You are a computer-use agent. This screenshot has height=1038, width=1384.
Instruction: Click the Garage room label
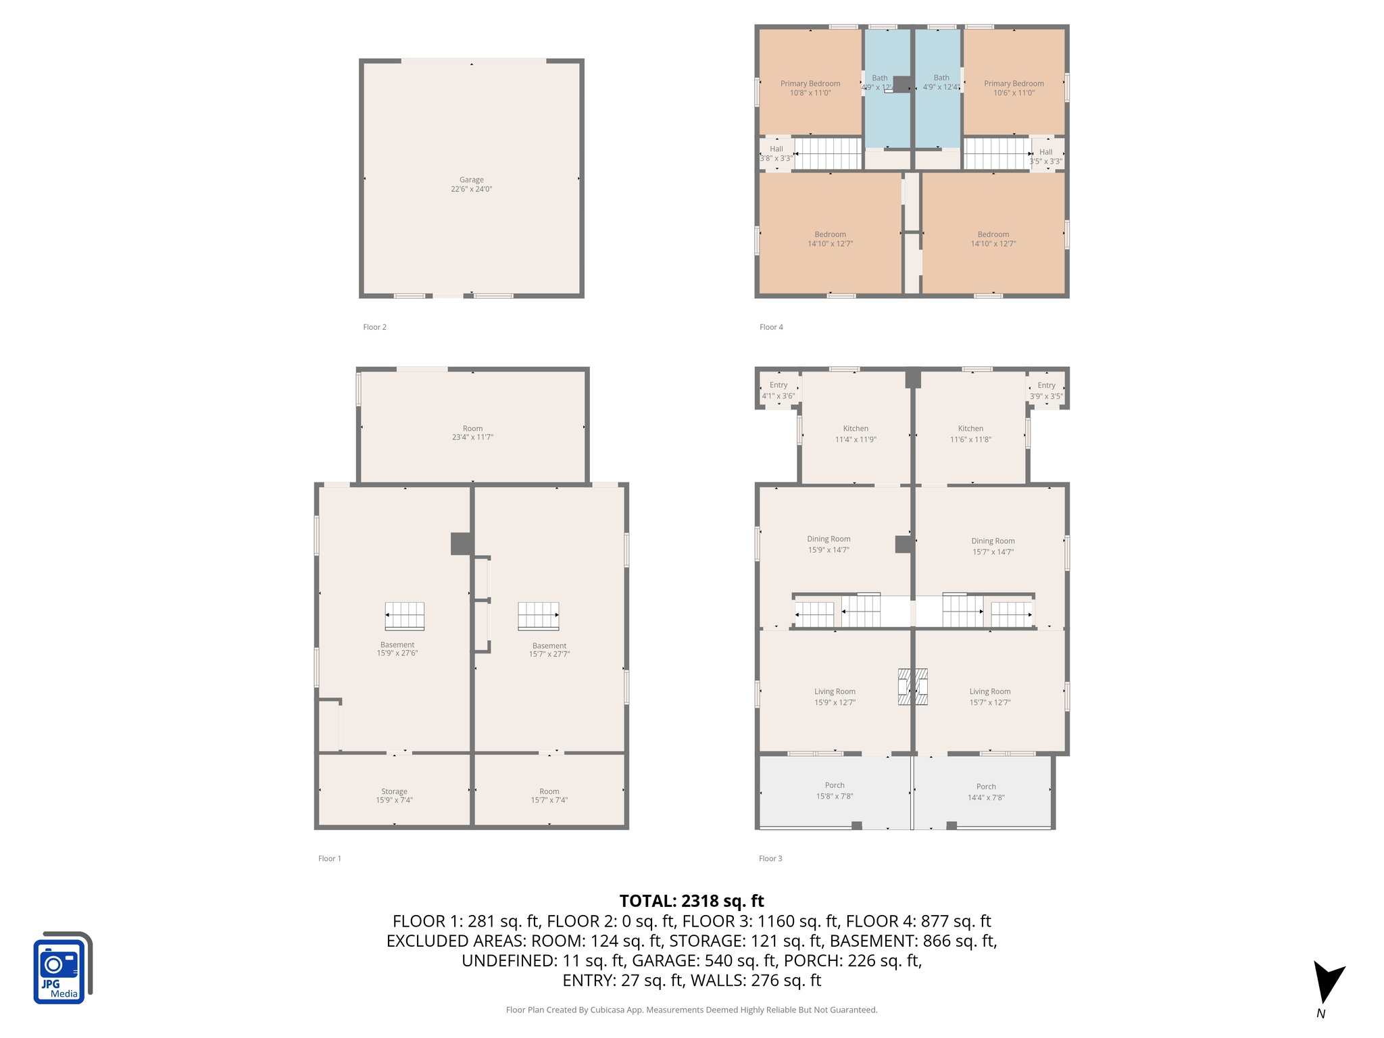(x=471, y=184)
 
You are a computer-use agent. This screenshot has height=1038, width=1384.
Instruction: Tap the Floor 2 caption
(x=374, y=327)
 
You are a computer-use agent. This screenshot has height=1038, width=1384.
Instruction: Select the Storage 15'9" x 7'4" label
(x=394, y=795)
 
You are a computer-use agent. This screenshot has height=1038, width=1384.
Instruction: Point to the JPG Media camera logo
(x=61, y=968)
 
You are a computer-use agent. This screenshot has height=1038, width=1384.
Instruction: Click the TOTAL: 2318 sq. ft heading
(x=691, y=901)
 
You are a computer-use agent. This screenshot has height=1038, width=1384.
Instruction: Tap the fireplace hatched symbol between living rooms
(x=912, y=687)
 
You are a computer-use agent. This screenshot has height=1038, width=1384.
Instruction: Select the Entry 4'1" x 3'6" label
(x=778, y=391)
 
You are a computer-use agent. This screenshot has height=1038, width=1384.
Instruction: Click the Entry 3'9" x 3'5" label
(x=1046, y=391)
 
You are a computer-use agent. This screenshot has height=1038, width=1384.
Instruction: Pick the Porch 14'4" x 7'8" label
(x=986, y=792)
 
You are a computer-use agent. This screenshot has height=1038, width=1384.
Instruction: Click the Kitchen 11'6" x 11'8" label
(x=970, y=434)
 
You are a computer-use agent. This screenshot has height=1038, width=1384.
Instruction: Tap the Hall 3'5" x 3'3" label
(x=1045, y=157)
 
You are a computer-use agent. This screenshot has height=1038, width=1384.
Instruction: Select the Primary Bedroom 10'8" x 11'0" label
(x=810, y=88)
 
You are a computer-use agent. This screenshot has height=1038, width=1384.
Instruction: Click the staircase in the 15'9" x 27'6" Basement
(x=404, y=616)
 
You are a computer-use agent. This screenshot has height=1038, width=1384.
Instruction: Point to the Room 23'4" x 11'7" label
(x=472, y=432)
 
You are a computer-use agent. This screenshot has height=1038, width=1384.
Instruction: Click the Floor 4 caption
(x=771, y=327)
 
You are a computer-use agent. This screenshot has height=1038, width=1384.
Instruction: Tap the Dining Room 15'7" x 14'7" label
(x=993, y=546)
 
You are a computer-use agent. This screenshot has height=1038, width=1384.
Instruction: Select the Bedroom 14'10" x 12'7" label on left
(x=830, y=239)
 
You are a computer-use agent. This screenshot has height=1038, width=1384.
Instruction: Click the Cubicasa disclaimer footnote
(x=691, y=1010)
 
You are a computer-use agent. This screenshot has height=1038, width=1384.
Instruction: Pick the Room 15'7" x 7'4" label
(x=549, y=795)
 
